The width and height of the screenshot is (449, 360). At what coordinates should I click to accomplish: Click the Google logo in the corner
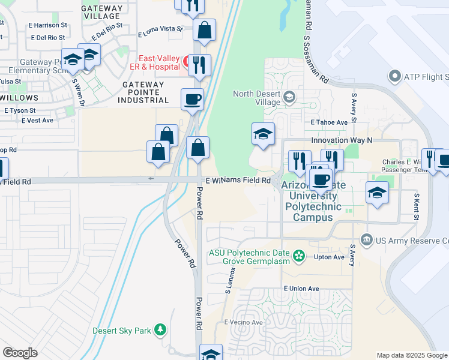coord(20,353)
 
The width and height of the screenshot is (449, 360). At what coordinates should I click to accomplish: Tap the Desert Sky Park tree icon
coord(160,331)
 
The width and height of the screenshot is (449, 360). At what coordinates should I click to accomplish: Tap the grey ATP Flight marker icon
coord(394,77)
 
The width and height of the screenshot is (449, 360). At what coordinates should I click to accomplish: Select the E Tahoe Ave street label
coord(329,122)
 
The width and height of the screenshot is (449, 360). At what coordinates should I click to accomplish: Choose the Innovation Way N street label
coord(342,140)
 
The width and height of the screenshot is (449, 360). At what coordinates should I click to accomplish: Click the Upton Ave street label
coord(329,257)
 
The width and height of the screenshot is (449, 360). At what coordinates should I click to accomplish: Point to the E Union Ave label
coord(301,289)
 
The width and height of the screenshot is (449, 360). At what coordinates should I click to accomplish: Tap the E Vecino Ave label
coord(244,322)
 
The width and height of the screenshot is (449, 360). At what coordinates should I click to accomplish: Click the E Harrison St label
coord(47,25)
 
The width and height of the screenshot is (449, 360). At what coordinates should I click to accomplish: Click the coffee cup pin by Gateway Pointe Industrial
coord(192,99)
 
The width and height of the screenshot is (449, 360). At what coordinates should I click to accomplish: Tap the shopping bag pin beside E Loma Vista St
coord(205,31)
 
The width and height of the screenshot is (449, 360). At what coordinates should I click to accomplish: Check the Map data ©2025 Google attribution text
coord(412,355)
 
